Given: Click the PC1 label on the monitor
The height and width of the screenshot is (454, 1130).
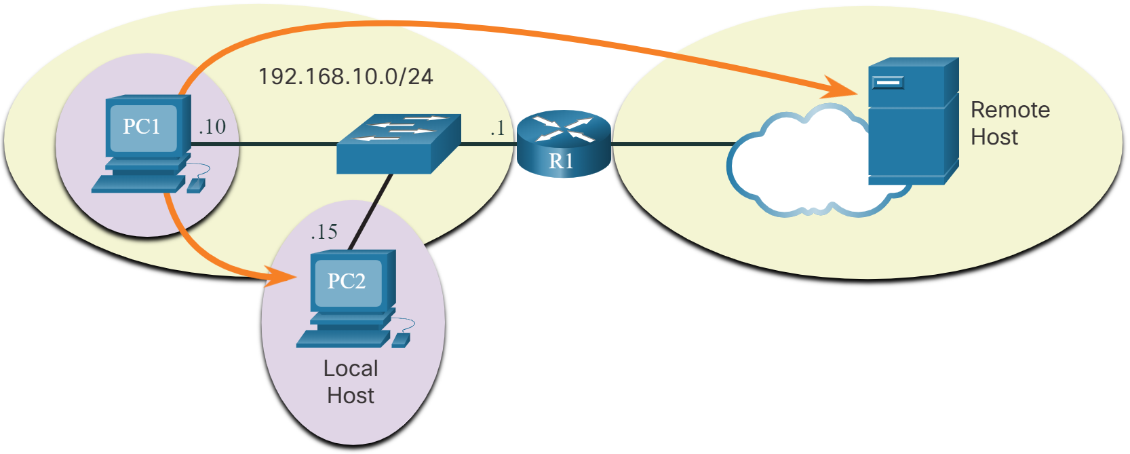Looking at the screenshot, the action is pyautogui.click(x=142, y=127).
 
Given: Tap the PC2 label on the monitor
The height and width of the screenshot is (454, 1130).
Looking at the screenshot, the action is pyautogui.click(x=347, y=281).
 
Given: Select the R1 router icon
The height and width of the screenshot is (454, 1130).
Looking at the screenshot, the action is pyautogui.click(x=564, y=144).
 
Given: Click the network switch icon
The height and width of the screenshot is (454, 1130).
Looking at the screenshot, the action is pyautogui.click(x=399, y=144).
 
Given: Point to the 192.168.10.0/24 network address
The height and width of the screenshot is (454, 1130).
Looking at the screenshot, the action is pyautogui.click(x=345, y=77).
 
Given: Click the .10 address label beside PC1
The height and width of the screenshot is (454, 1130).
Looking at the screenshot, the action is pyautogui.click(x=212, y=127).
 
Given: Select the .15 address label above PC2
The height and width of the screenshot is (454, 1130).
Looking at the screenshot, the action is pyautogui.click(x=324, y=232).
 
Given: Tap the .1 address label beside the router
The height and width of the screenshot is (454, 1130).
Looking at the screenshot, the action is pyautogui.click(x=497, y=128).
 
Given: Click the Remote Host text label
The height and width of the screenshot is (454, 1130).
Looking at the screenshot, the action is pyautogui.click(x=1010, y=124).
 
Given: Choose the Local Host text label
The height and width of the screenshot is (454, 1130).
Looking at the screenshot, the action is pyautogui.click(x=351, y=382).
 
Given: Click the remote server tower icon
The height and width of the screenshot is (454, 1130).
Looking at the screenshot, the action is pyautogui.click(x=914, y=121).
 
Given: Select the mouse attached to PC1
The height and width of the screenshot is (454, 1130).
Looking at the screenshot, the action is pyautogui.click(x=196, y=185).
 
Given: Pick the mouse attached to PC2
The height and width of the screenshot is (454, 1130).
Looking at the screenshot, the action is pyautogui.click(x=401, y=341).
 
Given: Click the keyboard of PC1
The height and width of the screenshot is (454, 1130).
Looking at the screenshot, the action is pyautogui.click(x=139, y=184).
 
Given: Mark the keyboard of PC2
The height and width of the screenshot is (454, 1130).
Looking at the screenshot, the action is pyautogui.click(x=343, y=339).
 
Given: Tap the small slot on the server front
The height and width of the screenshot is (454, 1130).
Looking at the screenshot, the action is pyautogui.click(x=888, y=82).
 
